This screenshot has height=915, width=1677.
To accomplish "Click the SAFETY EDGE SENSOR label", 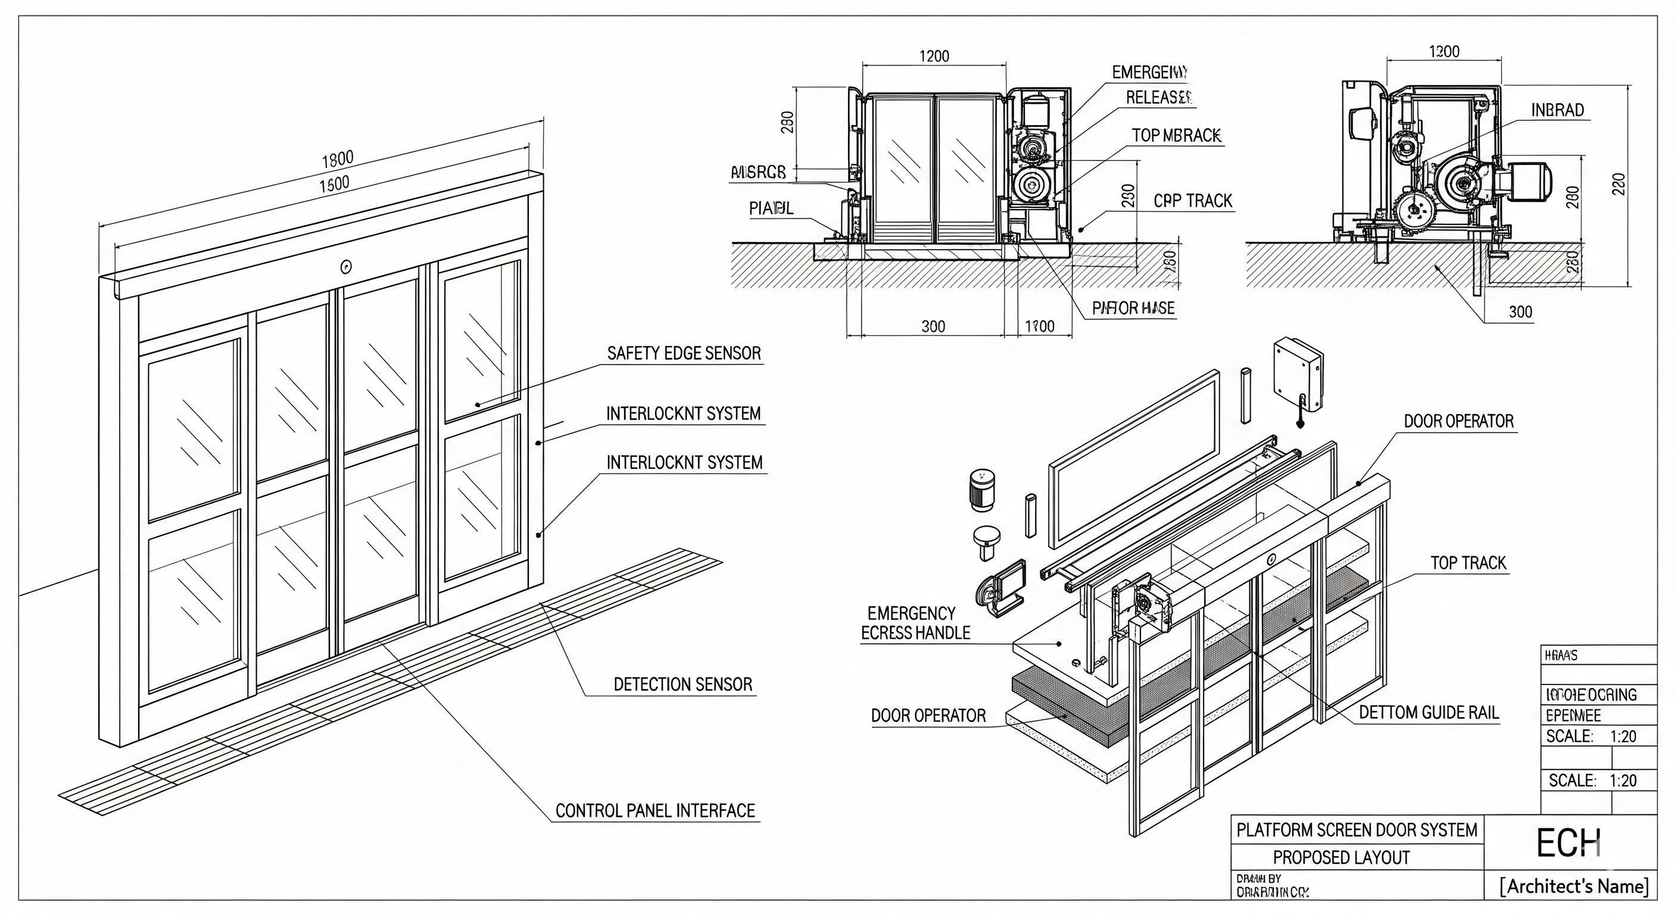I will pyautogui.click(x=684, y=354).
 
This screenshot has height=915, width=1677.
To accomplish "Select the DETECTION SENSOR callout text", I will pyautogui.click(x=683, y=684).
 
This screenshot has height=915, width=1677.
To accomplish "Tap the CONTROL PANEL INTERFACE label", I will pyautogui.click(x=655, y=811).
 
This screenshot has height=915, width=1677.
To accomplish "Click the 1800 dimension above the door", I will pyautogui.click(x=337, y=158).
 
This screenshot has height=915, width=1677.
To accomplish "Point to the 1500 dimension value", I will pyautogui.click(x=334, y=184).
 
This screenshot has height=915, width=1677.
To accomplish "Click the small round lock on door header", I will pyautogui.click(x=345, y=266).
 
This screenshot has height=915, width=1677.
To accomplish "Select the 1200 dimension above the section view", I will pyautogui.click(x=934, y=57).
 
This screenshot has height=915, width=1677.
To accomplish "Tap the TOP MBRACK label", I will pyautogui.click(x=1176, y=135).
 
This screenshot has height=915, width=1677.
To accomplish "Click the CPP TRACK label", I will pyautogui.click(x=1193, y=201).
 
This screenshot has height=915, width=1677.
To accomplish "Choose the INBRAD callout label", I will pyautogui.click(x=1557, y=110).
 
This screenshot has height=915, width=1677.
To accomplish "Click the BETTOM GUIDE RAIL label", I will pyautogui.click(x=1428, y=712).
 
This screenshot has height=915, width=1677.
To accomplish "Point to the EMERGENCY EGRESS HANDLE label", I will pyautogui.click(x=915, y=623).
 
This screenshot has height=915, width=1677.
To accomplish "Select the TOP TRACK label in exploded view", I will pyautogui.click(x=1468, y=564).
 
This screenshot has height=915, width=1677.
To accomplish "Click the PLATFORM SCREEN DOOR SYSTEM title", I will pyautogui.click(x=1357, y=830).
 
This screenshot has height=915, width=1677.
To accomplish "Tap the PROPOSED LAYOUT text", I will pyautogui.click(x=1341, y=858).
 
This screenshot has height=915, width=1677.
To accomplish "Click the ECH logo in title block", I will pyautogui.click(x=1567, y=844).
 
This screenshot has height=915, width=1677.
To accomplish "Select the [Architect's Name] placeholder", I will pyautogui.click(x=1574, y=886).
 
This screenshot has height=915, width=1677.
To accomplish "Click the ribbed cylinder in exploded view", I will pyautogui.click(x=981, y=490).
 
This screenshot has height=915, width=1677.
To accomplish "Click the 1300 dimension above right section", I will pyautogui.click(x=1444, y=51).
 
